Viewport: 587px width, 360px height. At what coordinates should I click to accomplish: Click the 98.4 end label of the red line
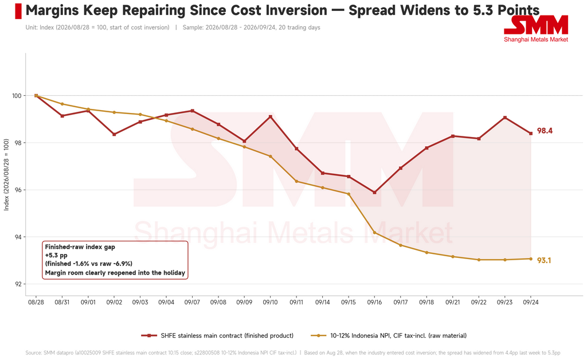click(545, 131)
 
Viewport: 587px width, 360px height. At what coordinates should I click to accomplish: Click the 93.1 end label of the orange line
click(544, 260)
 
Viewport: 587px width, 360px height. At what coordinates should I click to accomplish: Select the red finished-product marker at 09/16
click(374, 193)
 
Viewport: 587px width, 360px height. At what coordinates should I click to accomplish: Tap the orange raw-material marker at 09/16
click(374, 233)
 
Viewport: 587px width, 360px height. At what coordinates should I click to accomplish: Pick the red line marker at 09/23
click(505, 118)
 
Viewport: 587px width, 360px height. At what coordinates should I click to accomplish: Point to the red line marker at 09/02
click(114, 134)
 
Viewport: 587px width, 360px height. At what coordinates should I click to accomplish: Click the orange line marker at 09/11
click(296, 182)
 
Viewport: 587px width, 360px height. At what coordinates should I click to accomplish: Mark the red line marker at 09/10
click(271, 117)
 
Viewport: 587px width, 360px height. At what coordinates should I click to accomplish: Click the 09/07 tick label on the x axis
click(192, 302)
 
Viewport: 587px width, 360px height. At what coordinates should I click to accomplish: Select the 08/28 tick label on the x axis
click(36, 302)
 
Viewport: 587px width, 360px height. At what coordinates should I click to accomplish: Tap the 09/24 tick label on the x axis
click(530, 302)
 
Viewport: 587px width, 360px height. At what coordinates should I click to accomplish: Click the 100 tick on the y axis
click(17, 96)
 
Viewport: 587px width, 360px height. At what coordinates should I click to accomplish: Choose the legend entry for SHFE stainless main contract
click(217, 336)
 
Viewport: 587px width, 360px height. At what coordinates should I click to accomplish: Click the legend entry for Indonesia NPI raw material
click(389, 336)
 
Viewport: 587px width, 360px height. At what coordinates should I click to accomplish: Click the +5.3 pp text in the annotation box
click(56, 255)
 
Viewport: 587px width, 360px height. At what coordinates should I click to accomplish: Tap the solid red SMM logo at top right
click(536, 25)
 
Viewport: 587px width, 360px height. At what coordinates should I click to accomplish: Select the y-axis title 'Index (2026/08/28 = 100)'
click(6, 174)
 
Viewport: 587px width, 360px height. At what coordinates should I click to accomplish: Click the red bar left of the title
click(18, 11)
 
